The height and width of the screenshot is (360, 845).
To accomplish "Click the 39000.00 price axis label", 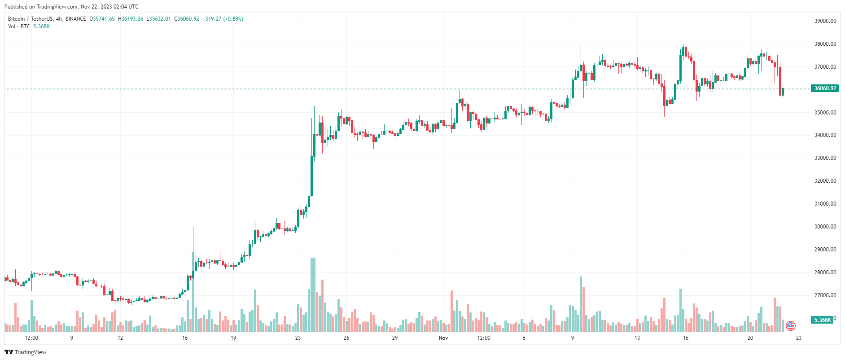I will click(x=825, y=21).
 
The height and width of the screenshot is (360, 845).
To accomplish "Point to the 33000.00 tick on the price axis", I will click(x=825, y=158).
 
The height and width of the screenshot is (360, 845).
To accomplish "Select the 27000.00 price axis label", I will click(x=825, y=295).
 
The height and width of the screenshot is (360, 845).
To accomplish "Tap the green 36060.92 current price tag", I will click(x=825, y=88).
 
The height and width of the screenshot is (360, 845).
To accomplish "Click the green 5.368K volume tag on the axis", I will click(x=823, y=320).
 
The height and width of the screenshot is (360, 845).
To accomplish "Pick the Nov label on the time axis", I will click(x=443, y=338).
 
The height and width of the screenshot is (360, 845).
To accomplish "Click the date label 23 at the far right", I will click(x=799, y=338).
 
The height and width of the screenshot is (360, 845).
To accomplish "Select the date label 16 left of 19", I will click(x=185, y=338).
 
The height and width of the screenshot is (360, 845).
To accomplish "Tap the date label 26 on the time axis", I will click(x=346, y=338).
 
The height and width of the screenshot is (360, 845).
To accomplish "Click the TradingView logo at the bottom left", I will click(x=26, y=352).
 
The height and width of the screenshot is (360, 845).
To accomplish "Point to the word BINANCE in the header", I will click(x=75, y=19).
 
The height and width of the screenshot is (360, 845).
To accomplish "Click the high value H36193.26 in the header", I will click(x=131, y=19).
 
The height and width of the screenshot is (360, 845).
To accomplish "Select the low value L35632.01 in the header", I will click(x=158, y=19).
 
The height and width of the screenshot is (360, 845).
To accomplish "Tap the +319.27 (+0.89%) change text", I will click(x=223, y=19).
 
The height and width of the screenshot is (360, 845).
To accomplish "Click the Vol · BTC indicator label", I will click(x=19, y=26).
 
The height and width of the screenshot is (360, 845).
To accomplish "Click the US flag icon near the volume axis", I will click(x=791, y=326).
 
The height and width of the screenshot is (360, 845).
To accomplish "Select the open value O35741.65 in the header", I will click(x=102, y=19).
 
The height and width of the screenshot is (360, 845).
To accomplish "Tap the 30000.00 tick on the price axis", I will click(x=825, y=227).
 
